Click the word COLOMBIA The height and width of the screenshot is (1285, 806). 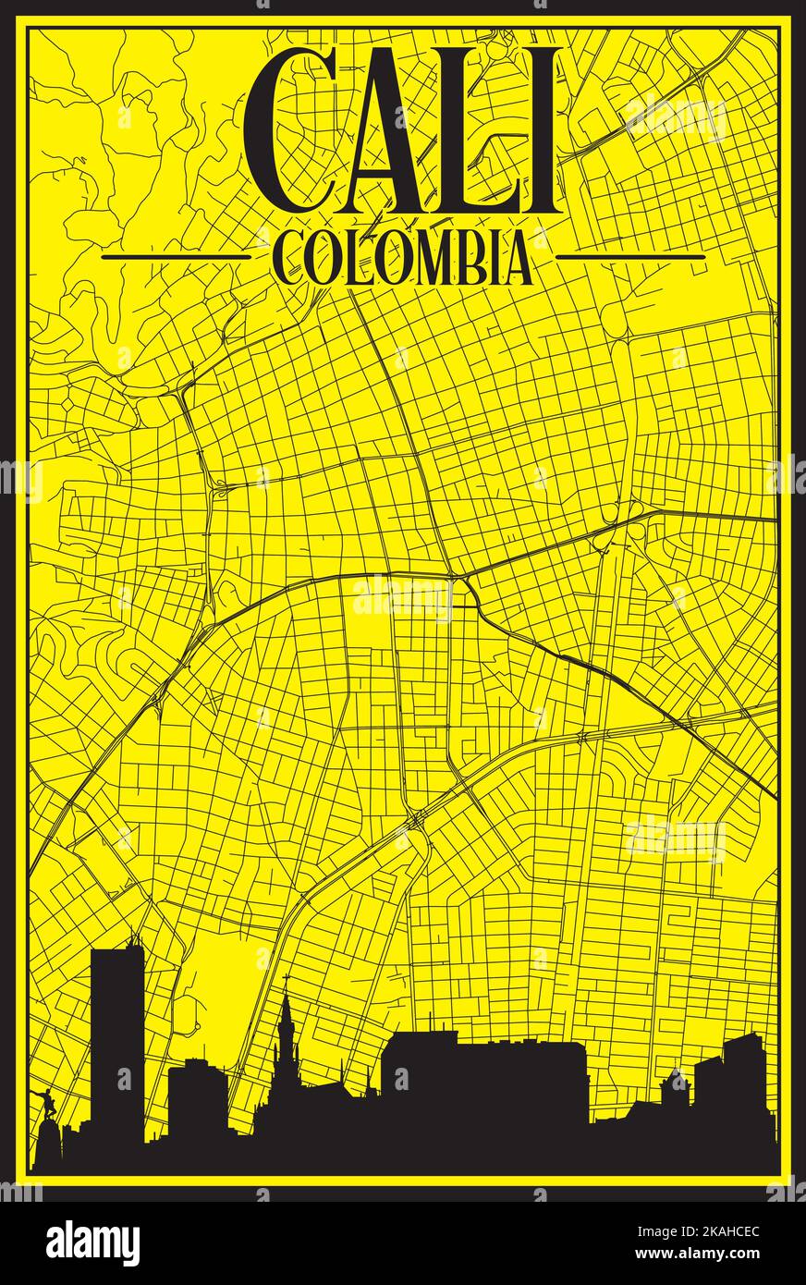[x=403, y=258]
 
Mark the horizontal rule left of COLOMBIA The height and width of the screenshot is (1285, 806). [x=176, y=257]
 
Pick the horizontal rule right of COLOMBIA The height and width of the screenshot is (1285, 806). [x=630, y=257]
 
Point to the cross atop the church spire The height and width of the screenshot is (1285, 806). [x=287, y=982]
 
